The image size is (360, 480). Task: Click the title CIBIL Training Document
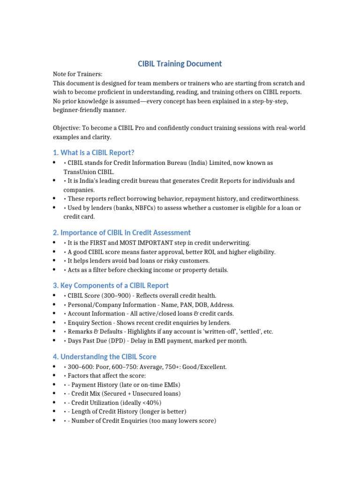[180, 64]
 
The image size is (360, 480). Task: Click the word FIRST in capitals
[103, 243]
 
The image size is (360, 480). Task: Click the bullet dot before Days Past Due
[55, 341]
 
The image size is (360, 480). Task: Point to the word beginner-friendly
[82, 110]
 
